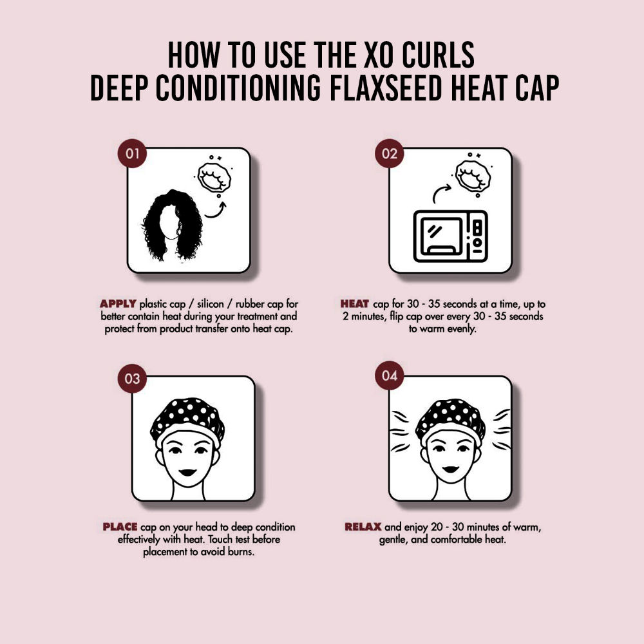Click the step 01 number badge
coord(132,154)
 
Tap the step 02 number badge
coord(390,154)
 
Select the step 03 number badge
coord(132,378)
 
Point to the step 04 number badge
coord(390,375)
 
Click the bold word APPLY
coord(118,304)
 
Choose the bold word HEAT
coord(354,304)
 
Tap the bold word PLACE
coord(120,527)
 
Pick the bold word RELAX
coord(363,527)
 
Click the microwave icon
coord(451,236)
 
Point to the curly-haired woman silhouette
coord(173,225)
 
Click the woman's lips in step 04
coord(450,469)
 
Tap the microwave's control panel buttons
coord(477,236)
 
